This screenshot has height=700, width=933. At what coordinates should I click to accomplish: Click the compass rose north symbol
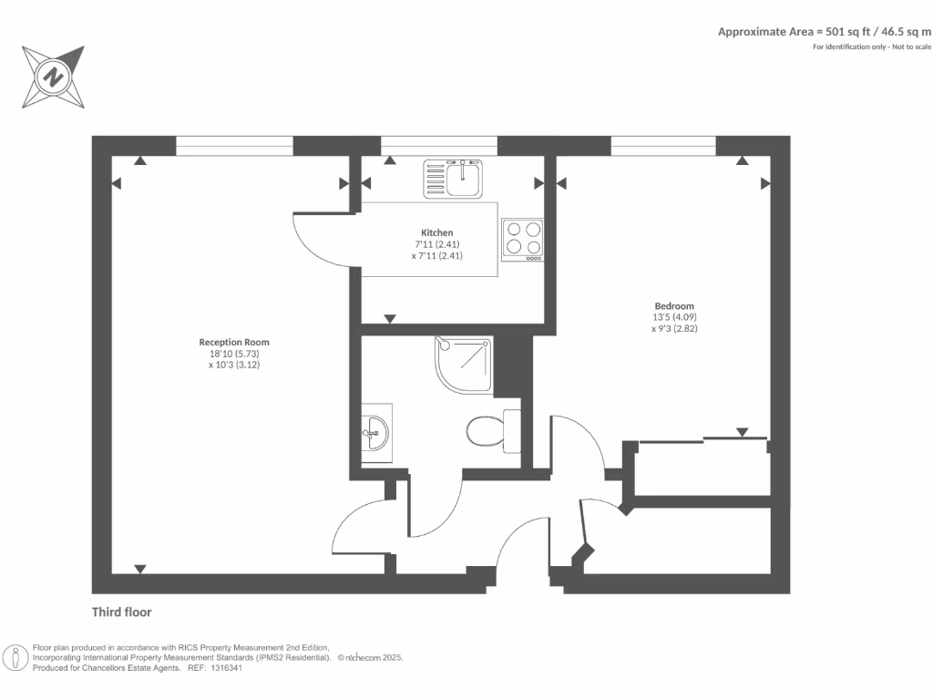[x=54, y=77]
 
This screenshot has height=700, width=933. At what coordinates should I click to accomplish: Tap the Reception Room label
[x=234, y=343]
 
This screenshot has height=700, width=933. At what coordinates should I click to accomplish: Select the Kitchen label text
[x=436, y=233]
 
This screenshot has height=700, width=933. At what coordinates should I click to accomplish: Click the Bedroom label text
[x=674, y=306]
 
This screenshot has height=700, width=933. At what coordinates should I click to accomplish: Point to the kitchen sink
[x=454, y=177]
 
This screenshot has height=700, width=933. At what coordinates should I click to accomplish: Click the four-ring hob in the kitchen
[x=523, y=239]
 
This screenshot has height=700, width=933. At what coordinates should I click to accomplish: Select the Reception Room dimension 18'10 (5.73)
[x=234, y=353]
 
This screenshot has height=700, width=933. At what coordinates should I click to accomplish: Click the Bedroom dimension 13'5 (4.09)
[x=674, y=317]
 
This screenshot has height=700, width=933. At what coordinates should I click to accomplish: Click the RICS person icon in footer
[x=16, y=657]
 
